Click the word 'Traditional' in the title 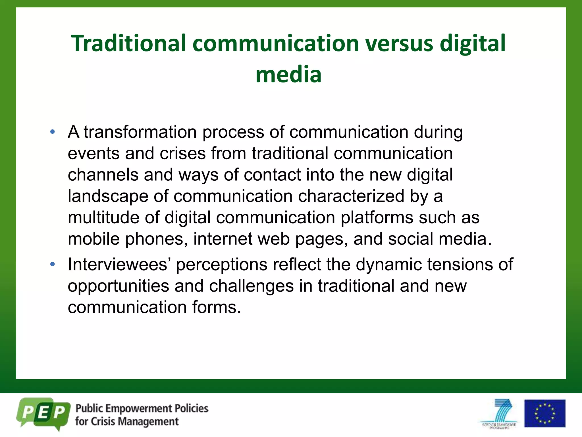(x=128, y=43)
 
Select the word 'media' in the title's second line (x=288, y=75)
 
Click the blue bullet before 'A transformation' (x=52, y=132)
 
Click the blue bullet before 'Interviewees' (x=52, y=264)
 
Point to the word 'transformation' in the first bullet (x=140, y=132)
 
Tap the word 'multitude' (x=103, y=218)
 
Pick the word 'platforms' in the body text (x=377, y=218)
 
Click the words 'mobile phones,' (x=128, y=239)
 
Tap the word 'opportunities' (x=118, y=286)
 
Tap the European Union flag (x=544, y=413)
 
